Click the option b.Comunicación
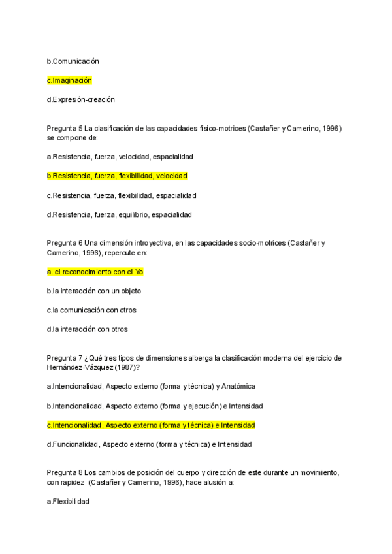tap(73, 61)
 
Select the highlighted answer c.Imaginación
tap(69, 80)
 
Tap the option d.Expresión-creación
tap(80, 99)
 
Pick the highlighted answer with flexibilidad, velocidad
tap(117, 176)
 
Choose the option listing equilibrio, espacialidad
tap(120, 214)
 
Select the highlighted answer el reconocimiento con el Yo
tap(95, 271)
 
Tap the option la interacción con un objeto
tap(93, 291)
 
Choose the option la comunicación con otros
tap(91, 310)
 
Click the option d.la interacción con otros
tap(87, 329)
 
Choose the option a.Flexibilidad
tap(68, 501)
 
